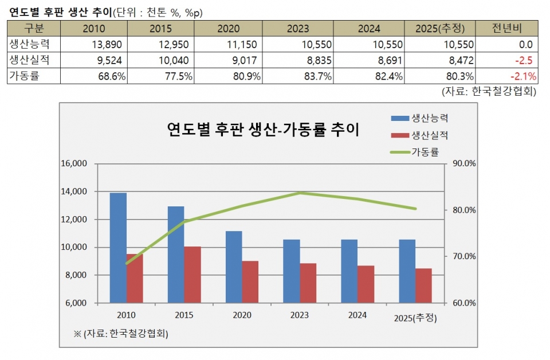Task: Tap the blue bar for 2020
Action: (x=234, y=267)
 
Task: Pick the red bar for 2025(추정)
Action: (x=423, y=285)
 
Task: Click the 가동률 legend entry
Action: (x=425, y=152)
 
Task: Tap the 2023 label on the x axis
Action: (x=300, y=315)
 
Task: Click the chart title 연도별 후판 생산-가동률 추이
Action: (x=263, y=130)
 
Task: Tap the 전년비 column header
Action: (x=509, y=29)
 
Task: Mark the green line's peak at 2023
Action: (x=300, y=193)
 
